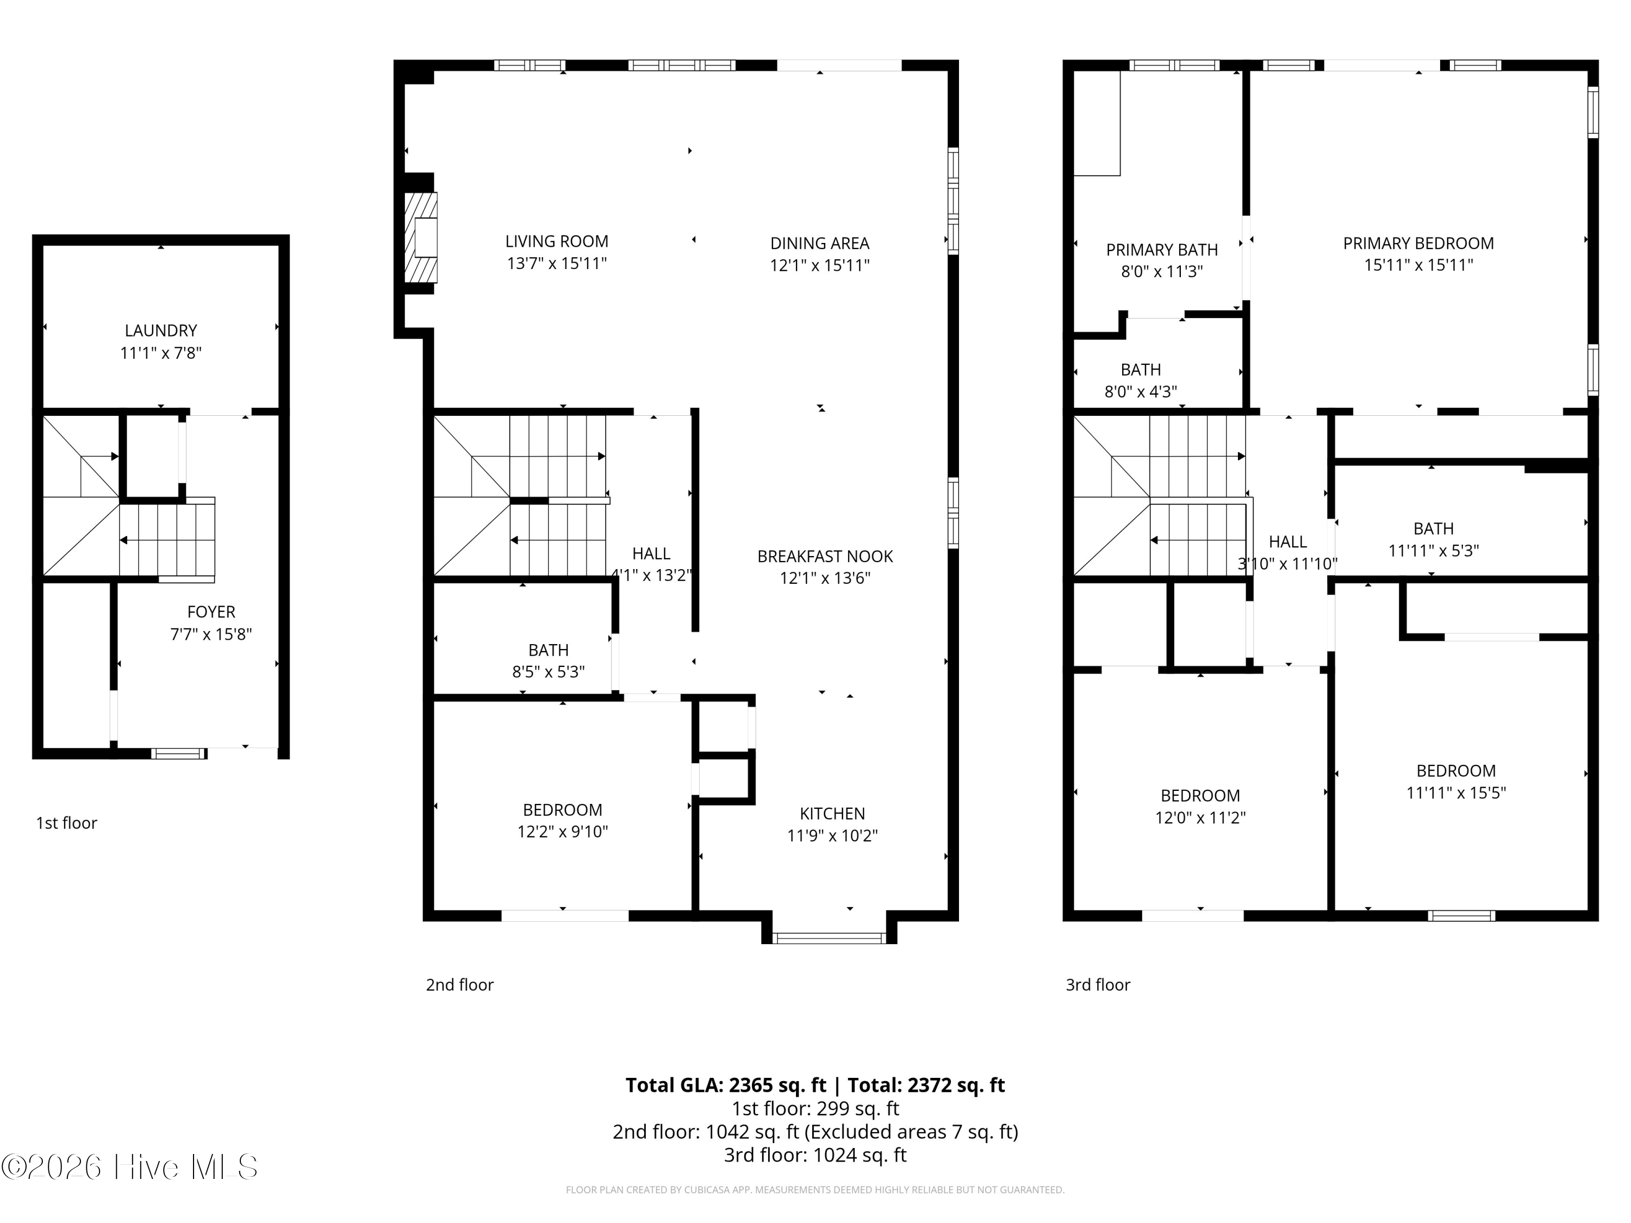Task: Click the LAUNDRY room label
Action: point(161,331)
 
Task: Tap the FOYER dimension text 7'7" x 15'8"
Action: point(211,634)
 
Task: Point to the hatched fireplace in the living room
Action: point(421,238)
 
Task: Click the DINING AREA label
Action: point(820,244)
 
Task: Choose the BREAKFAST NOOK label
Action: point(825,557)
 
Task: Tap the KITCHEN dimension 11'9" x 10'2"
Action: point(832,835)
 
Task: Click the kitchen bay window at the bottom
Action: point(829,938)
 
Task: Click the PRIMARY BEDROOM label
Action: point(1418,244)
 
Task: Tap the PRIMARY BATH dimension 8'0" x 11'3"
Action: point(1162,271)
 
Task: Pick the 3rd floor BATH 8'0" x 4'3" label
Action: point(1141,380)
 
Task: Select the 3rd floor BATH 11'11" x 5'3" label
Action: point(1434,540)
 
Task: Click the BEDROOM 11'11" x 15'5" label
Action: point(1456,782)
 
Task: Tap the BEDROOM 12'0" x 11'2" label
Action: point(1200,807)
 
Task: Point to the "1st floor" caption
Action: point(66,823)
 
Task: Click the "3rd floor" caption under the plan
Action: point(1098,985)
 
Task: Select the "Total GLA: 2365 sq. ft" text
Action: point(726,1085)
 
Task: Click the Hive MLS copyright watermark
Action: point(130,1167)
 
